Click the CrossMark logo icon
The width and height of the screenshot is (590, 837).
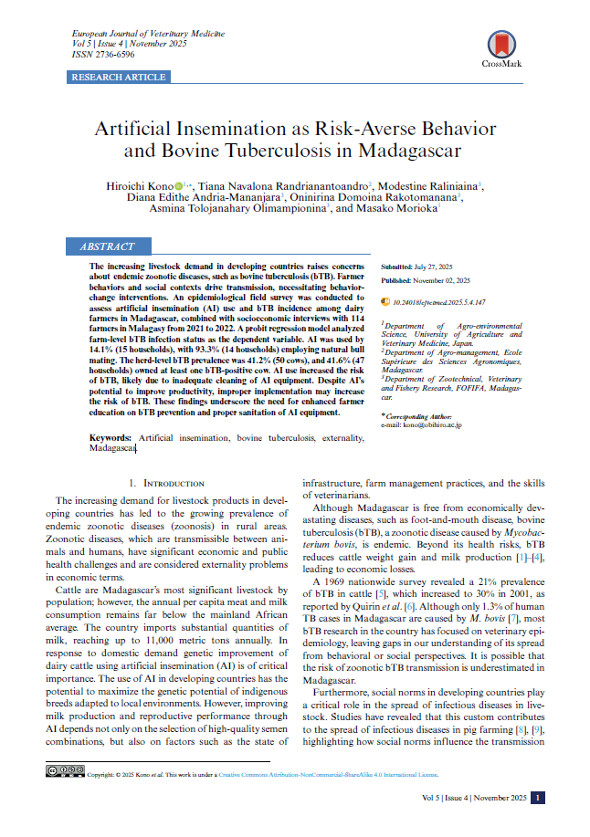pyautogui.click(x=500, y=44)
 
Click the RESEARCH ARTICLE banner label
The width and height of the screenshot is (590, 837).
pyautogui.click(x=119, y=78)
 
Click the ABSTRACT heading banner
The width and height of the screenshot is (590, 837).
pyautogui.click(x=108, y=246)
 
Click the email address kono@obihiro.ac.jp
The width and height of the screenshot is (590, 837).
pyautogui.click(x=426, y=425)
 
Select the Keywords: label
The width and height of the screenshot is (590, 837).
pyautogui.click(x=113, y=439)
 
